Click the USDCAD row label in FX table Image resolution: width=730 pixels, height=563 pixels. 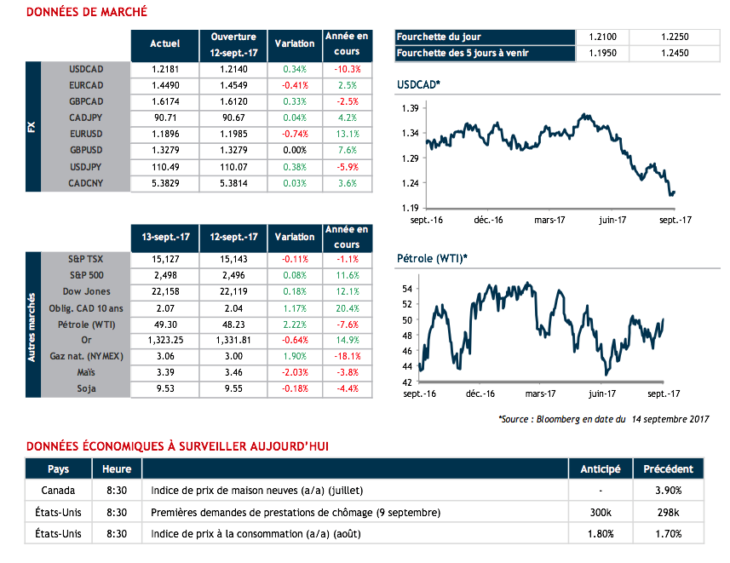pos(86,69)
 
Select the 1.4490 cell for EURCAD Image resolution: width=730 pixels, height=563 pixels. pos(164,85)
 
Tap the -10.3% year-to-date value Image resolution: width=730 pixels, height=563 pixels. pos(347,69)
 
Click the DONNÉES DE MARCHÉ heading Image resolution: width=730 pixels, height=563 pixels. pos(87,12)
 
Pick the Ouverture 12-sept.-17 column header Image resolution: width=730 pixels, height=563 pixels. pos(233,43)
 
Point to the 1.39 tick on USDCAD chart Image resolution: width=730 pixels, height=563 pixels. pos(409,109)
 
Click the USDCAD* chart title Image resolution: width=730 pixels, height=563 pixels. pos(419,85)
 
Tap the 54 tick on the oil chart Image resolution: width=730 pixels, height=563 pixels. pos(407,290)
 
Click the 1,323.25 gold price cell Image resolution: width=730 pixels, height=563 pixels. pos(164,341)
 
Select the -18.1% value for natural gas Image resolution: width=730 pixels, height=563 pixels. pos(347,357)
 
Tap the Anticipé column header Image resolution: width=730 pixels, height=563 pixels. pos(601,468)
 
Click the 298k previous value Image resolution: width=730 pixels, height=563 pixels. pos(669,513)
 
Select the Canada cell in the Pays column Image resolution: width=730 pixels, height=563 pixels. pos(58,491)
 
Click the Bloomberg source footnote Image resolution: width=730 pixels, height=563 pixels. pos(603,420)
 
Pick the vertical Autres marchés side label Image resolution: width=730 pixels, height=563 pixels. pos(32,324)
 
